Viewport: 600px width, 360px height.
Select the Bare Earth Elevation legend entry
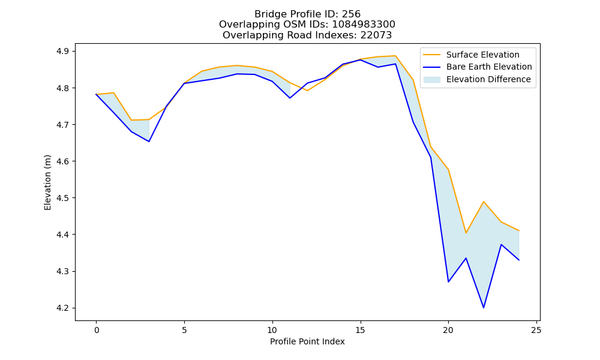(x=477, y=67)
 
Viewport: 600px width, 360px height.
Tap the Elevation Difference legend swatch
(x=431, y=80)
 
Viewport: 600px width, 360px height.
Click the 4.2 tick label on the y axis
(x=63, y=308)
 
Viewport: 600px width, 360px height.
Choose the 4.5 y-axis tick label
(x=63, y=198)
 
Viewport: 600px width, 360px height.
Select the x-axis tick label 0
(x=97, y=330)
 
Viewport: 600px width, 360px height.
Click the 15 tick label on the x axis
(x=361, y=330)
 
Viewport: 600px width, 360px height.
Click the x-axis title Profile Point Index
(x=307, y=341)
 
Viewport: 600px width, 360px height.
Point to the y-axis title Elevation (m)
(x=47, y=182)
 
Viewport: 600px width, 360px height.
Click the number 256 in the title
(x=351, y=14)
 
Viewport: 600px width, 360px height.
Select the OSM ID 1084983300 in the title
(x=364, y=25)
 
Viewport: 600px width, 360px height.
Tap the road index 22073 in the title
(x=376, y=35)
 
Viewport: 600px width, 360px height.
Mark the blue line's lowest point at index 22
(x=484, y=308)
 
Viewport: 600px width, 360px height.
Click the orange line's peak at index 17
(x=395, y=56)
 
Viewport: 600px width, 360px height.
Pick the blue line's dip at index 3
(x=149, y=142)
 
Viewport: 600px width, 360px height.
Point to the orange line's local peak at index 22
(x=484, y=202)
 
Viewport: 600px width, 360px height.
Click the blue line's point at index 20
(x=448, y=282)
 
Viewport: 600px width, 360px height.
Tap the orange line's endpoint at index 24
(x=519, y=230)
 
